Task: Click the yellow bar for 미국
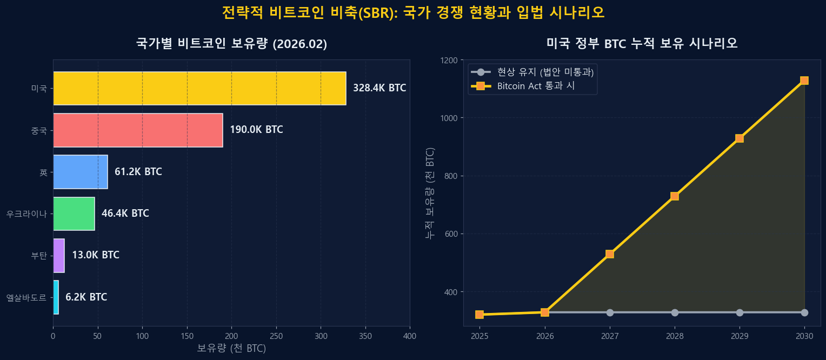tap(199, 88)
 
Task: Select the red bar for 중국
tap(138, 130)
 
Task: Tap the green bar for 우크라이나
tap(74, 214)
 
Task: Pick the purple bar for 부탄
tap(59, 255)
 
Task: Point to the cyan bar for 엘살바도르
tap(56, 297)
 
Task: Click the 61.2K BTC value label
tap(138, 172)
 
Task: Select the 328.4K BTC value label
tap(379, 88)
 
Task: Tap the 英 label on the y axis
tap(43, 172)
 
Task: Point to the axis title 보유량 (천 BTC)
tap(231, 349)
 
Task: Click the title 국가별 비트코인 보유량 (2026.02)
tap(231, 44)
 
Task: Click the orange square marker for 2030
tap(804, 81)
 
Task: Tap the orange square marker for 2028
tap(675, 196)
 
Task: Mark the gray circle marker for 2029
tap(740, 312)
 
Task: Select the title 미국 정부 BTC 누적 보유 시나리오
tap(642, 43)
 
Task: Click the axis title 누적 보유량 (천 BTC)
tap(430, 193)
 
